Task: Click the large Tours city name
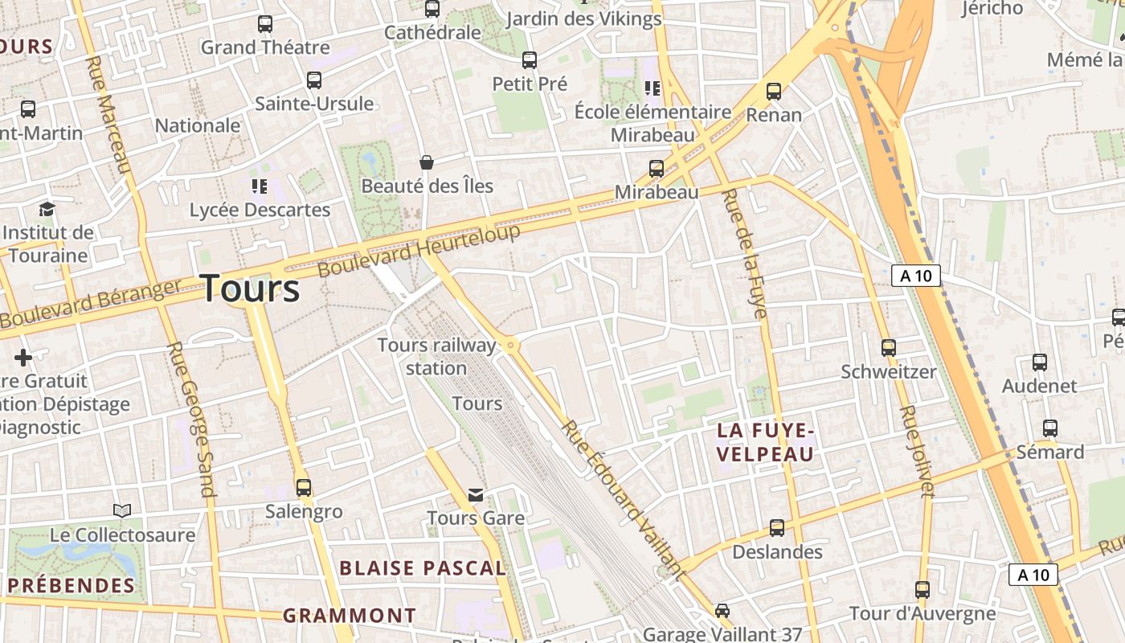[x=250, y=288]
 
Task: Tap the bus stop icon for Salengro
[x=304, y=487]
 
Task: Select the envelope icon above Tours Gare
[x=476, y=494]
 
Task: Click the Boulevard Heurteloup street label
[x=419, y=250]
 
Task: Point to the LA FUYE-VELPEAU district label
[x=766, y=442]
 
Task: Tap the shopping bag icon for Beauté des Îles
[x=427, y=162]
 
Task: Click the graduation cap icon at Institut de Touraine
[x=47, y=210]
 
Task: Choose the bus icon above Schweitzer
[x=888, y=348]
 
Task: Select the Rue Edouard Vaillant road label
[x=623, y=498]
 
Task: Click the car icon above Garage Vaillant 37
[x=722, y=611]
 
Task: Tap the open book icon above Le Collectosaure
[x=122, y=510]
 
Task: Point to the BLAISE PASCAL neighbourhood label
[x=422, y=568]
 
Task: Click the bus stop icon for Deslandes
[x=777, y=528]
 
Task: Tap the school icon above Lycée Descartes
[x=259, y=186]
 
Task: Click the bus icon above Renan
[x=774, y=92]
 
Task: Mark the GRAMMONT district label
[x=350, y=616]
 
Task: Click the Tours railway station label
[x=437, y=356]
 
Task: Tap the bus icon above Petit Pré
[x=530, y=60]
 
